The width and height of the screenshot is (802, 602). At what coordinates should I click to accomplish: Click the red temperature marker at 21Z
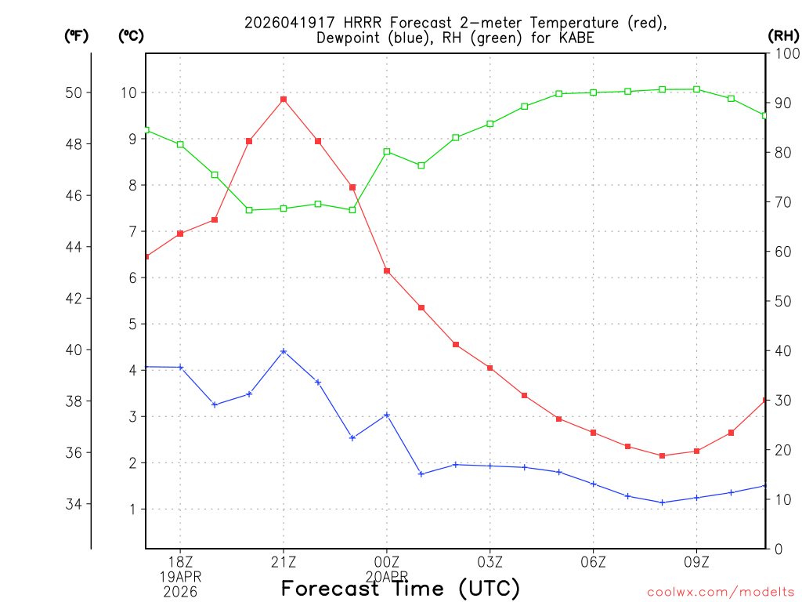coord(284,100)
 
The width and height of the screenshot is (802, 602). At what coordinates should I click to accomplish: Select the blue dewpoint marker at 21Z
coord(284,351)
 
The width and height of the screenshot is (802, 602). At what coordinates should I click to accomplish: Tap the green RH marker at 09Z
coord(697,89)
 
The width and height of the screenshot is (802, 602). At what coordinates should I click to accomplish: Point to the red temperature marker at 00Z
coord(387,271)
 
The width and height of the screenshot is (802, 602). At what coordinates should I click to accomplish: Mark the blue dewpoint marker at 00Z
coord(387,415)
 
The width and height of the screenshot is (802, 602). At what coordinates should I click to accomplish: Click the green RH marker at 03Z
coord(490,124)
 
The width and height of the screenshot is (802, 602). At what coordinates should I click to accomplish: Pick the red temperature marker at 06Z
coord(594,433)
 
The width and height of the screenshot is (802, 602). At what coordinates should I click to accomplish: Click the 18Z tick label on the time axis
coord(180,561)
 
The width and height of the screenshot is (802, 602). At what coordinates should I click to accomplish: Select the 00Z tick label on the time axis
coord(387,561)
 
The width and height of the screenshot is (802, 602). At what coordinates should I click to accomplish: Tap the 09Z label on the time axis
coord(697,561)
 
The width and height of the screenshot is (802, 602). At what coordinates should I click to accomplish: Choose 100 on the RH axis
coord(786,54)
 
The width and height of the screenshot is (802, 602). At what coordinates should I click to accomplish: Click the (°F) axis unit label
coord(76,36)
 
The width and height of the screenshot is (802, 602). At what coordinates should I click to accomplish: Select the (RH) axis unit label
coord(782,36)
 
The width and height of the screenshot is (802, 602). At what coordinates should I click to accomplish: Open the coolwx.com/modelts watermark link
coord(721,592)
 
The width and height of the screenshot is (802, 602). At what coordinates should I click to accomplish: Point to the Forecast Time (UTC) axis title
coord(400,588)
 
